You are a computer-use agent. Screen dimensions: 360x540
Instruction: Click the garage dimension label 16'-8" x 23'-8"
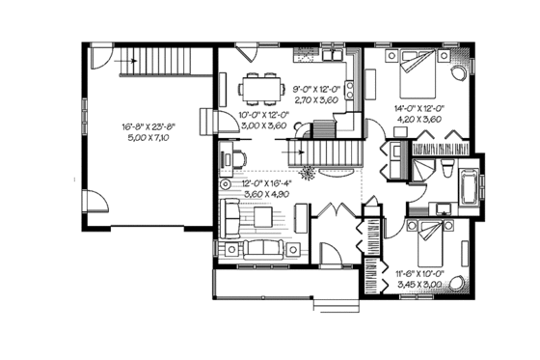tap(147, 126)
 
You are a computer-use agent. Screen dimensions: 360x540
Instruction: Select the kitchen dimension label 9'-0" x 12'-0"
tap(313, 89)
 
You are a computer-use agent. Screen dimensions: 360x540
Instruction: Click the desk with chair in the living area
tap(231, 157)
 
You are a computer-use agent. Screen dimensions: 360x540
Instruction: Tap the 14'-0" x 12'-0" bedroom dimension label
tap(418, 112)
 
